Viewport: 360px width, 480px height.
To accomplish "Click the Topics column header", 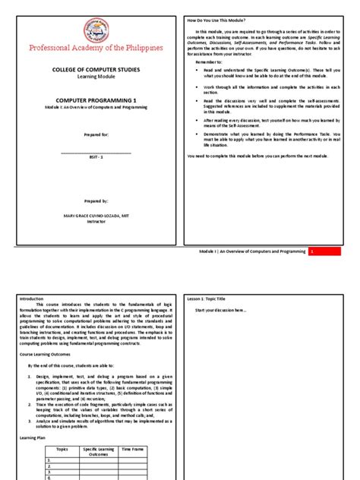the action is point(62,450).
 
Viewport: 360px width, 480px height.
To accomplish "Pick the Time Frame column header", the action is point(131,450).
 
